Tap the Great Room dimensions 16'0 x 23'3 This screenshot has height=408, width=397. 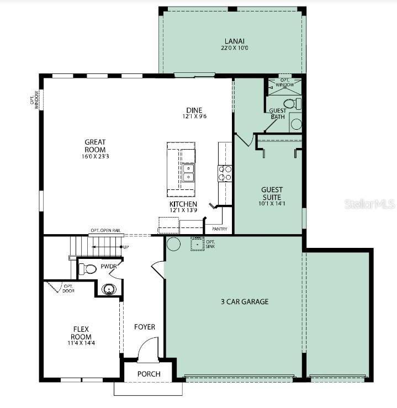pos(95,157)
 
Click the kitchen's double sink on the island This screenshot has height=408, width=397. pos(189,173)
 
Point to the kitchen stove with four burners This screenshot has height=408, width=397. pos(225,174)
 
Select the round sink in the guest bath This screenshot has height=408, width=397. pos(297,124)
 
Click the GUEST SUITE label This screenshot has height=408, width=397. pos(271,193)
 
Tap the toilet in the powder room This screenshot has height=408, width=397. pos(88,269)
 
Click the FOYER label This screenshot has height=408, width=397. pos(145,327)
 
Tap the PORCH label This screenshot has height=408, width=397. pos(149,374)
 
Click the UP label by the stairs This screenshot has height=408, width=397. pos(126,246)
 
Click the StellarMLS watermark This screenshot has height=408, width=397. pos(369,204)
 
